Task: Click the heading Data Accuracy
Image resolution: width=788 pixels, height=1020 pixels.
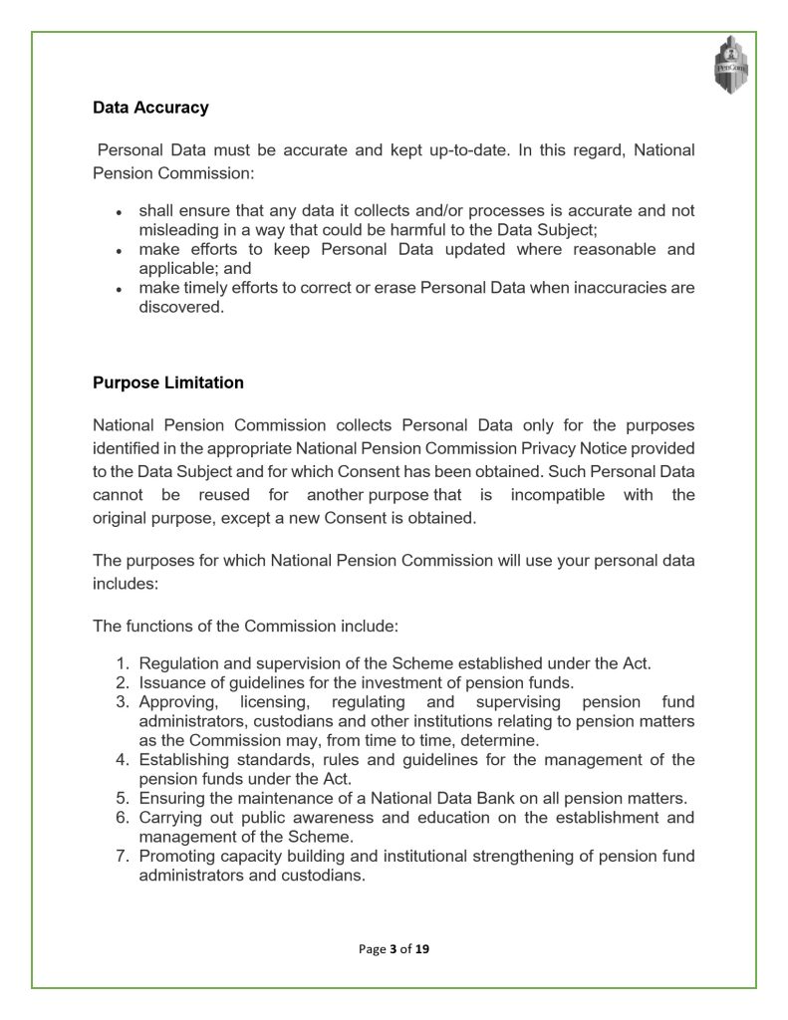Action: [150, 108]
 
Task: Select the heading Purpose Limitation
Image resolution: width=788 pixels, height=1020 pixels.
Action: [167, 382]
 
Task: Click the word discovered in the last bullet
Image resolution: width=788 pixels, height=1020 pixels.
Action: [181, 307]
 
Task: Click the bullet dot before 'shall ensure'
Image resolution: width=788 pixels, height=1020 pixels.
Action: [119, 212]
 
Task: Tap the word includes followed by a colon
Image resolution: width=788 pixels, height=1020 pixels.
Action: [125, 585]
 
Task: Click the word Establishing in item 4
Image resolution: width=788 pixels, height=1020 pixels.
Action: [186, 760]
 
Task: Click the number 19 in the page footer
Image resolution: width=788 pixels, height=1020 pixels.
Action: [422, 949]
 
